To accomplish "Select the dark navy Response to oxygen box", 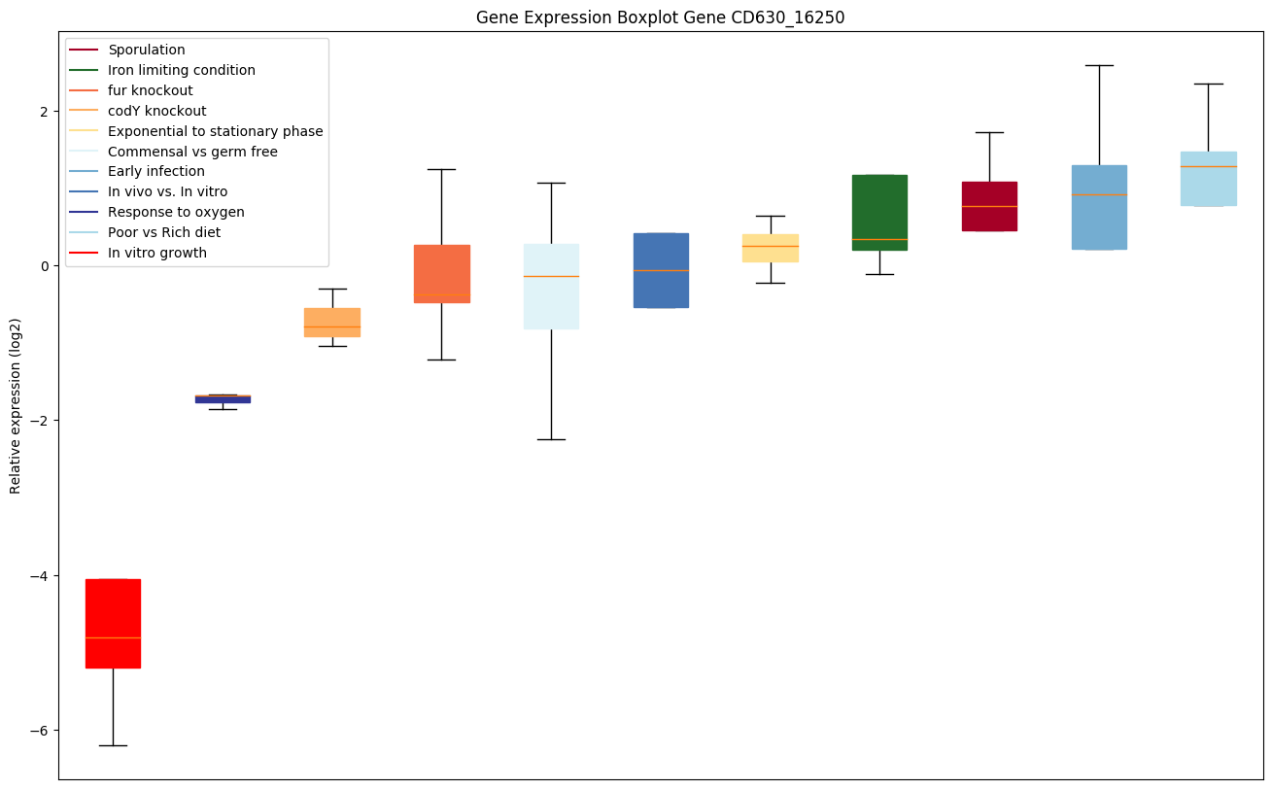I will click(223, 399).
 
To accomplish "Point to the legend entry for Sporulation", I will click(147, 50).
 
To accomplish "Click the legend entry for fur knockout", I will click(151, 90).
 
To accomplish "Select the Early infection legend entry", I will click(156, 172).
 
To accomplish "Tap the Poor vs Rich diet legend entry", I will click(164, 233).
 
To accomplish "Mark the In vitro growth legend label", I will click(157, 254).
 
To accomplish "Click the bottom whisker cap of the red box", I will click(113, 745).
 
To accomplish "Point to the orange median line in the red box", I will click(113, 637).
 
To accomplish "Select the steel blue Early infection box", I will click(1099, 223).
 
